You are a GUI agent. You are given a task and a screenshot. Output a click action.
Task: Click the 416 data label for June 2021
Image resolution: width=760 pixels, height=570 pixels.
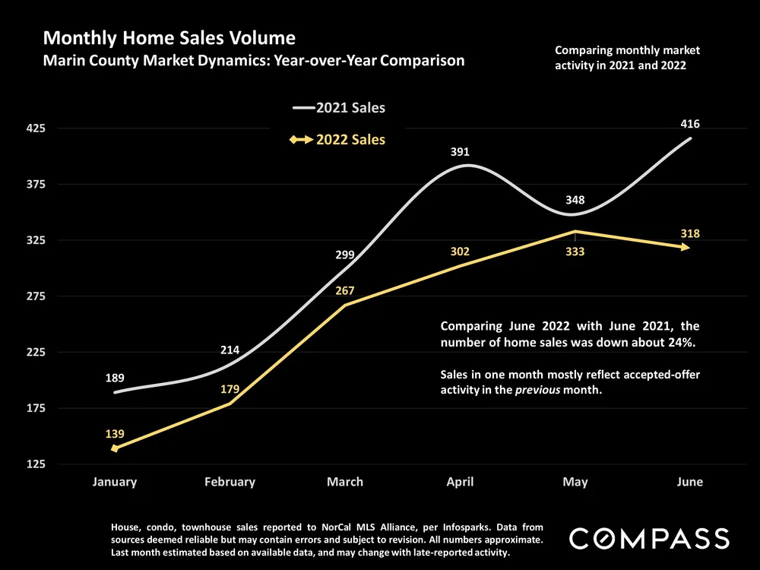click(690, 124)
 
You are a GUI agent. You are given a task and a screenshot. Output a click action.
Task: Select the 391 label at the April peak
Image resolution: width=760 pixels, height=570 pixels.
click(461, 152)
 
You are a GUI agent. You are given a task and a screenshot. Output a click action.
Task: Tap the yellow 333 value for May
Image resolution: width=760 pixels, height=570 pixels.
click(575, 252)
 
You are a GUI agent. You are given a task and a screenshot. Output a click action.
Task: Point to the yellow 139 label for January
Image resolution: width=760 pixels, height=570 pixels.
click(115, 434)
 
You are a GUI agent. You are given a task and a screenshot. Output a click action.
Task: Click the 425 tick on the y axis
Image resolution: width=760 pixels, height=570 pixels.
click(36, 128)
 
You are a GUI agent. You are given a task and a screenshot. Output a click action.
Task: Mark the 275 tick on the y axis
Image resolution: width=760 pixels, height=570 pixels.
click(36, 296)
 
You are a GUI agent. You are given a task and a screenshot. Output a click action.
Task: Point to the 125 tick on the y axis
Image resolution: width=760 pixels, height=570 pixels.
click(36, 464)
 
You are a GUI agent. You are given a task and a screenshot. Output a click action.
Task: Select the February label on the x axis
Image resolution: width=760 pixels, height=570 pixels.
click(230, 482)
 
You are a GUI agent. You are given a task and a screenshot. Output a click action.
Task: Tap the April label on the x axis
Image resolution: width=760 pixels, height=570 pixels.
click(461, 482)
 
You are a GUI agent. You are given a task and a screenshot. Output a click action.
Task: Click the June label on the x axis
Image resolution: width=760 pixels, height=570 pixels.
click(690, 482)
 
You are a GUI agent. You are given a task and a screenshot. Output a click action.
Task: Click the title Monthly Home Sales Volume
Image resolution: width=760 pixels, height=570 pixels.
click(169, 37)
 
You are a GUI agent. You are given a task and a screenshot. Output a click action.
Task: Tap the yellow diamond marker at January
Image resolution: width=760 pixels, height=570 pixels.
click(115, 448)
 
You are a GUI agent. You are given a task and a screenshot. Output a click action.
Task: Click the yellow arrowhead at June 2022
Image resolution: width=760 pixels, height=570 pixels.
click(686, 247)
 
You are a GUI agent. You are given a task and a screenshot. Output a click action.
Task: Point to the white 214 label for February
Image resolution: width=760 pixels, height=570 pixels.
click(230, 350)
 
